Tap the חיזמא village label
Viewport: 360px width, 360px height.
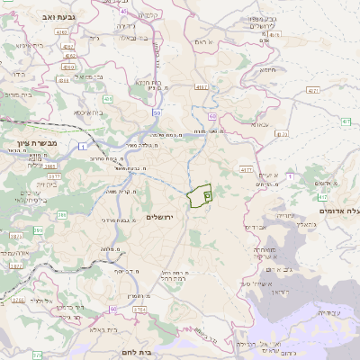(x=267, y=70)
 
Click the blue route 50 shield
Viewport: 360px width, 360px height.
(x=157, y=113)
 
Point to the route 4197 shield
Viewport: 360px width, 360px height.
(x=246, y=169)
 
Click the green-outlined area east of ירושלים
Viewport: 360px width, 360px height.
(x=199, y=194)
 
